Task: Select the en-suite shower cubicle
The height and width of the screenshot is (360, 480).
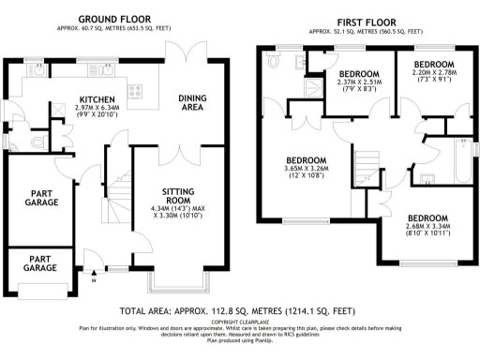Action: coord(309,89)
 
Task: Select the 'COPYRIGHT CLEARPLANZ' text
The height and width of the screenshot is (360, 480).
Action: coord(239,322)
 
